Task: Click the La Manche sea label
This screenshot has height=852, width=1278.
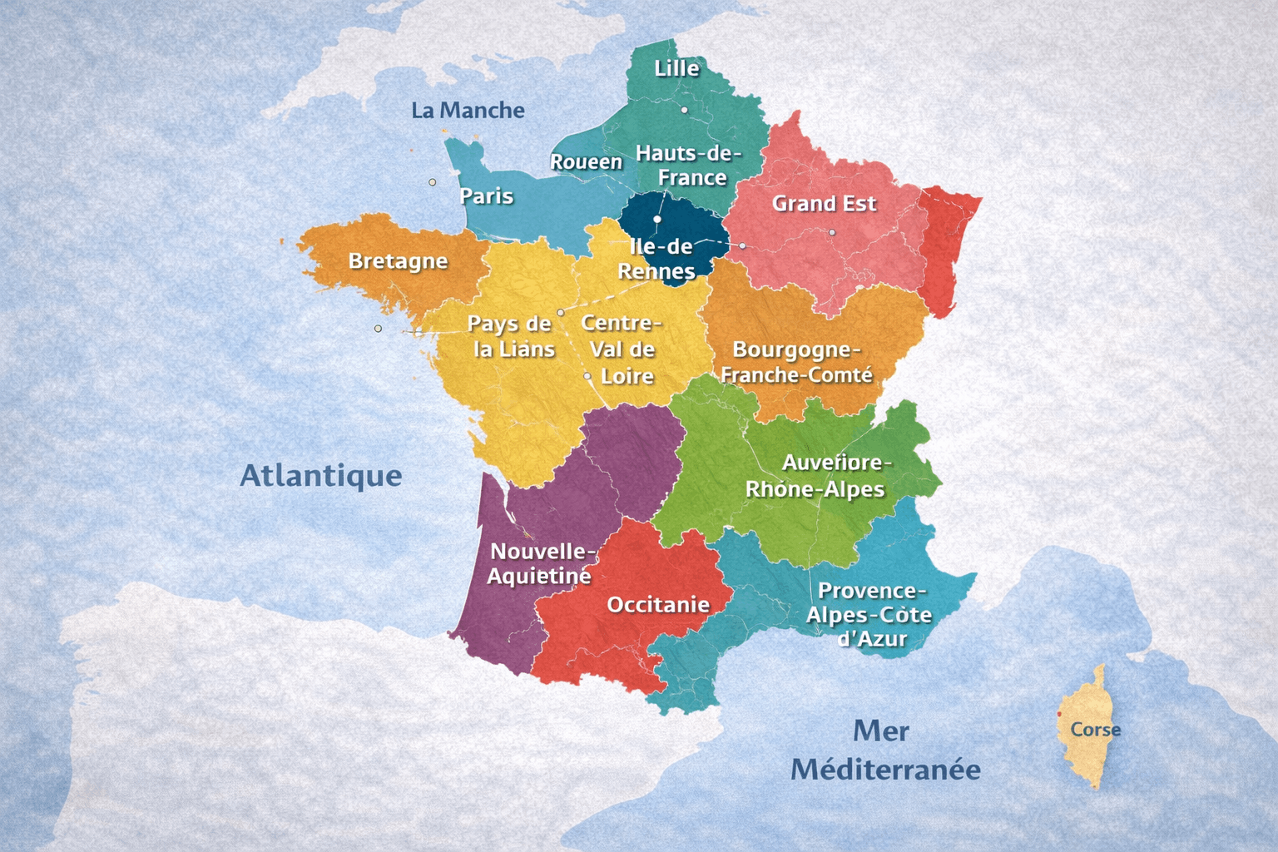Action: pyautogui.click(x=468, y=111)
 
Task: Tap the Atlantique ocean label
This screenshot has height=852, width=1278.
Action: pyautogui.click(x=321, y=476)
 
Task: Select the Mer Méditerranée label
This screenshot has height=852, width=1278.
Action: pyautogui.click(x=884, y=750)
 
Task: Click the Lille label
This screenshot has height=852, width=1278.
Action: pyautogui.click(x=676, y=68)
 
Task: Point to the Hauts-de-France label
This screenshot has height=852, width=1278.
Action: pyautogui.click(x=688, y=166)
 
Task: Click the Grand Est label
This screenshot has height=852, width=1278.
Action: pyautogui.click(x=824, y=204)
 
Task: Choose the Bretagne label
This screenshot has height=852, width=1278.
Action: pyautogui.click(x=398, y=261)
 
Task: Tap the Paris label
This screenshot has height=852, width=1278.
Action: pyautogui.click(x=487, y=196)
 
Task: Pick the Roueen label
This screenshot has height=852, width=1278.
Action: pyautogui.click(x=587, y=162)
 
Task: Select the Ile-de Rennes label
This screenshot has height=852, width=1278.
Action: pyautogui.click(x=657, y=259)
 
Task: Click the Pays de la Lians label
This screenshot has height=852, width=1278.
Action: pyautogui.click(x=511, y=336)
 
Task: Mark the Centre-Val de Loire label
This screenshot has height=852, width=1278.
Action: pyautogui.click(x=622, y=349)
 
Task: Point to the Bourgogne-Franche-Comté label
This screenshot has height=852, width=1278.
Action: pyautogui.click(x=796, y=362)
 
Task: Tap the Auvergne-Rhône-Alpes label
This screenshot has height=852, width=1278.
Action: pyautogui.click(x=817, y=476)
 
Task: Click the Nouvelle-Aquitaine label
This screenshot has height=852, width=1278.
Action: pyautogui.click(x=541, y=563)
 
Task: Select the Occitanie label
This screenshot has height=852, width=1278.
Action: pyautogui.click(x=658, y=605)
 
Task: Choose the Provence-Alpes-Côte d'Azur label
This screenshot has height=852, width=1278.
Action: pyautogui.click(x=869, y=615)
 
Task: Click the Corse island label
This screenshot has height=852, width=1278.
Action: pyautogui.click(x=1095, y=730)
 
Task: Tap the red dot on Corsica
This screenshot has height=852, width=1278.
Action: pyautogui.click(x=1059, y=714)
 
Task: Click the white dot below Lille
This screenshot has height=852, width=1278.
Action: pyautogui.click(x=684, y=110)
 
